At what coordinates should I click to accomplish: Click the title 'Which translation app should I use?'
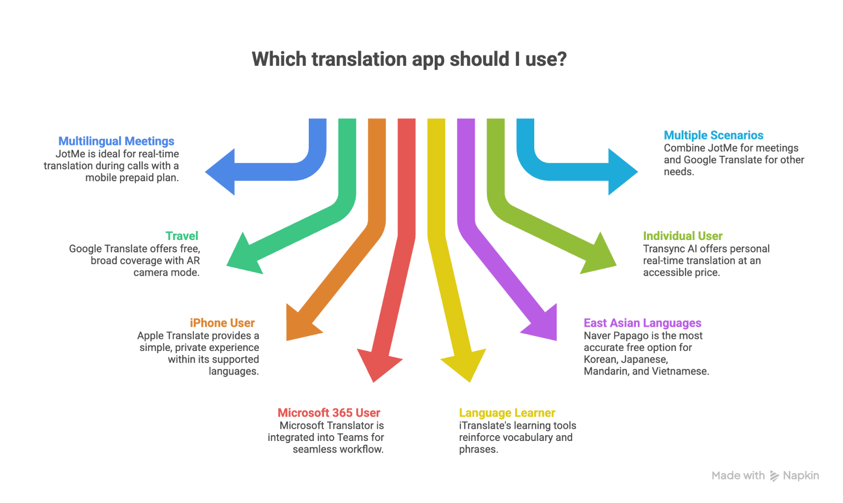click(x=409, y=59)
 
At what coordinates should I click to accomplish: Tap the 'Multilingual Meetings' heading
click(x=116, y=141)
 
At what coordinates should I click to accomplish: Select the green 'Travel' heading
click(x=182, y=236)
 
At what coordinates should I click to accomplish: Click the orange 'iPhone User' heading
click(x=222, y=323)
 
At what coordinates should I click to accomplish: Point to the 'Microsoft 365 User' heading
click(x=329, y=413)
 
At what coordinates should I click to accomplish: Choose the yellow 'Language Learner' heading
click(x=507, y=413)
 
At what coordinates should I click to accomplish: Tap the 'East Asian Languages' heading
click(x=642, y=323)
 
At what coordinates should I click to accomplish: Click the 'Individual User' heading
click(x=682, y=236)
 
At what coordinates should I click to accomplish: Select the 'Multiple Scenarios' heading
click(x=713, y=135)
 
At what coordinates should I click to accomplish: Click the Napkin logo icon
click(x=774, y=476)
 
